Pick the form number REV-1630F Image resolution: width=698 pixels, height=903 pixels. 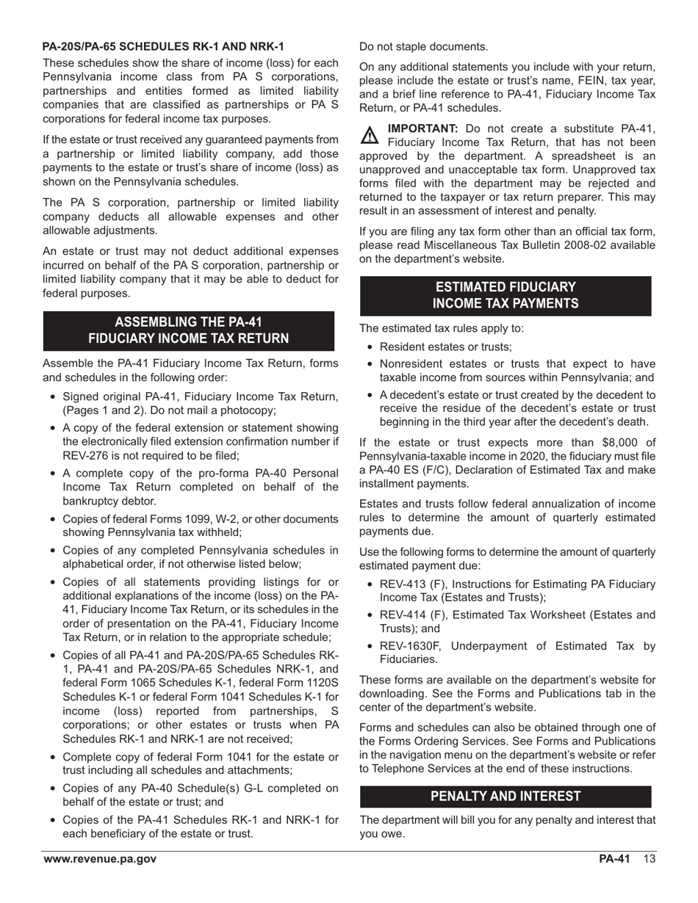(411, 646)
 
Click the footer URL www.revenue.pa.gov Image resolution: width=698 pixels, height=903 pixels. (100, 860)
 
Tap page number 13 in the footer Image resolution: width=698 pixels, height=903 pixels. (647, 860)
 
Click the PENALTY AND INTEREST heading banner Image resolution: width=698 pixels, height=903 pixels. (505, 797)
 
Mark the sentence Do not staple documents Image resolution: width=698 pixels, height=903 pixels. (423, 47)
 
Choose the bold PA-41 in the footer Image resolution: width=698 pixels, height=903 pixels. (614, 860)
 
